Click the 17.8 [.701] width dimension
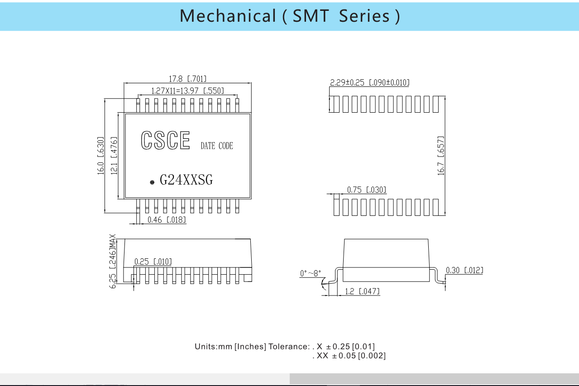point(188,79)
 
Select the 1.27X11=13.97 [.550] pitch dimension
point(188,91)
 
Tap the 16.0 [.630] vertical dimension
point(100,156)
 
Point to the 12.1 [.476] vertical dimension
point(114,156)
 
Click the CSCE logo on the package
point(166,140)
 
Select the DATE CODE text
point(217,146)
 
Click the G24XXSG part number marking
point(187,180)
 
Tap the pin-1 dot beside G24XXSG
point(152,182)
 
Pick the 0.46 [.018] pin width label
point(167,220)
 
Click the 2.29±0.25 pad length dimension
point(370,83)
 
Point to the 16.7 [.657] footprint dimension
point(441,156)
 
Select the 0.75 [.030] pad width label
point(367,190)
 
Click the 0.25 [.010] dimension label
point(153,262)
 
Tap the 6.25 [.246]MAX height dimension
point(113,261)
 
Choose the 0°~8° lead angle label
point(311,273)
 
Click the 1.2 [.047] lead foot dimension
point(363,291)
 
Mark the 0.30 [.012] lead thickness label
point(464,270)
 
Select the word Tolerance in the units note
point(289,347)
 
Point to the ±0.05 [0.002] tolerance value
point(359,356)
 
